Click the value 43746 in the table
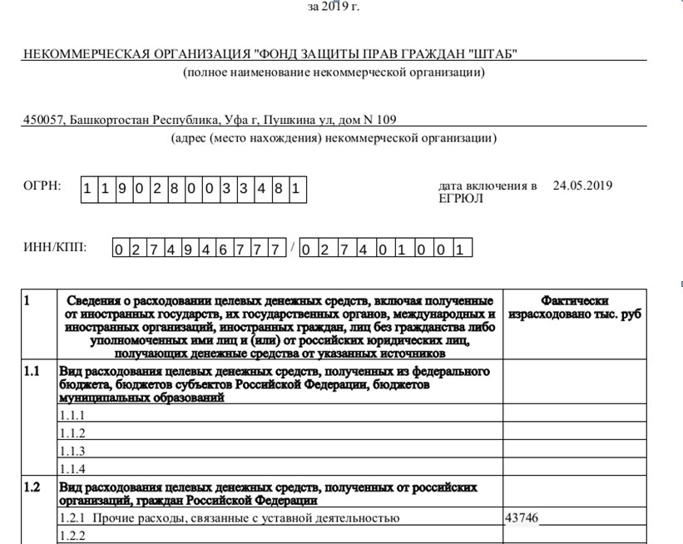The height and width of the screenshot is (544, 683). pos(522,518)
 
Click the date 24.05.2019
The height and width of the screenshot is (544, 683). pos(582,185)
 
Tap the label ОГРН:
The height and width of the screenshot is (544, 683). pos(42,185)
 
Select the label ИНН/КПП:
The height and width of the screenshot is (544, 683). pos(55,247)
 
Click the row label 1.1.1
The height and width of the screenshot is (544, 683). pos(72,414)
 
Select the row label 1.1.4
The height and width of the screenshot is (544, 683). pos(72,469)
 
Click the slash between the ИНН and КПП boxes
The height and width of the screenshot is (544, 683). pos(293,247)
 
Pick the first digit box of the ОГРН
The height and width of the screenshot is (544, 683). pos(87,189)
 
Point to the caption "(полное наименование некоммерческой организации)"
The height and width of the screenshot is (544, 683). pos(334,72)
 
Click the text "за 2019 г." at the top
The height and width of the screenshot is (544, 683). pos(334,7)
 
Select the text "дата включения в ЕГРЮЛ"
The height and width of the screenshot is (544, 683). pos(488,192)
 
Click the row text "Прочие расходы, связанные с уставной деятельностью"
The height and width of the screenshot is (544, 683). pos(245,518)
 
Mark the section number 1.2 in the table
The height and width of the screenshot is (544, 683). pos(32,487)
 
